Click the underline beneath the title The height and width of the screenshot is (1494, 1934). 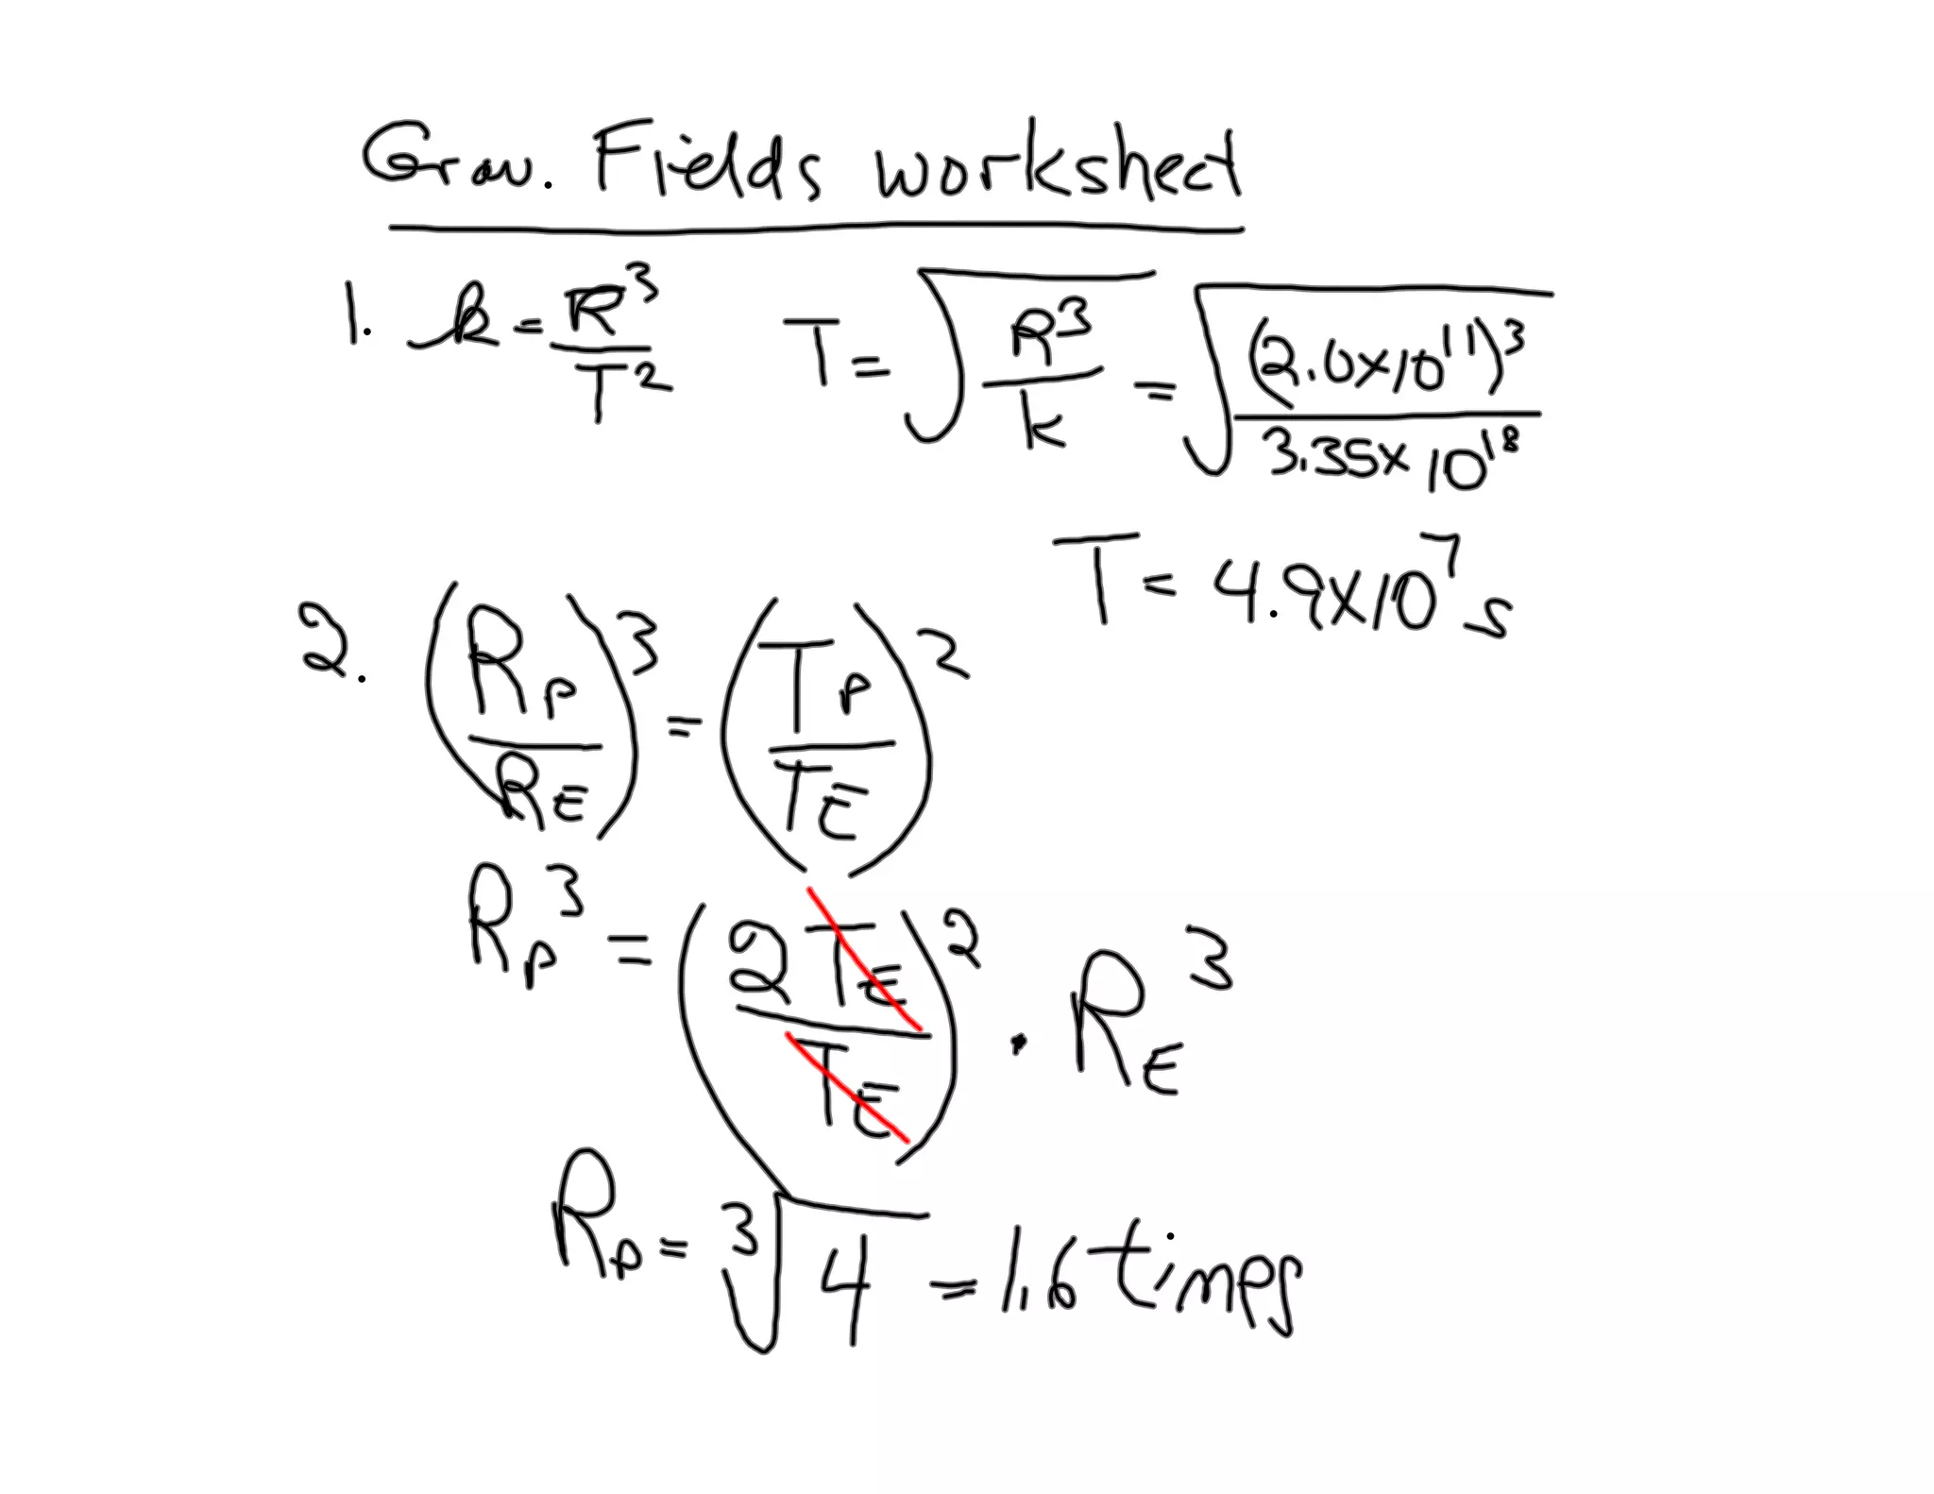point(812,228)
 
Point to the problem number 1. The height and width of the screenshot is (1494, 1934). point(357,326)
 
